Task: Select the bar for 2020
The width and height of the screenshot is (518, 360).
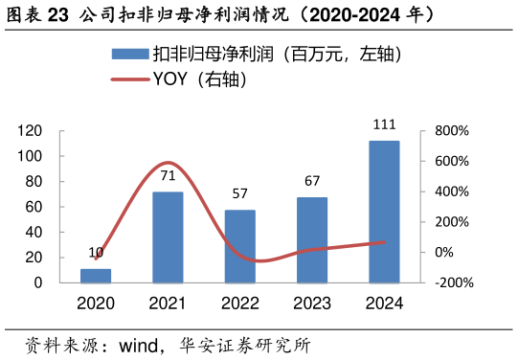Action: (x=96, y=276)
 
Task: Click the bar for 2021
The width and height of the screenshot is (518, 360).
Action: (x=168, y=237)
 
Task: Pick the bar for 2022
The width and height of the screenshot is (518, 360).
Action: (x=240, y=246)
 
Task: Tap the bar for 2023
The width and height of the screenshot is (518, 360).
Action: (x=312, y=240)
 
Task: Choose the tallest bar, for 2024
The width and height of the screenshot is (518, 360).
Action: (x=384, y=212)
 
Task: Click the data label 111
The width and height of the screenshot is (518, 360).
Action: (x=384, y=124)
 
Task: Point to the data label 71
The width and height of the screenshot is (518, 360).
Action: (x=168, y=176)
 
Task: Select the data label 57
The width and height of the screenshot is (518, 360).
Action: (x=240, y=193)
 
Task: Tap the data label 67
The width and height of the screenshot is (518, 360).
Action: (x=312, y=181)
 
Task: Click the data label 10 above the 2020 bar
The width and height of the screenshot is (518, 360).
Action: (x=96, y=253)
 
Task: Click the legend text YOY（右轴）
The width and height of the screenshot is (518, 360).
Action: (x=201, y=80)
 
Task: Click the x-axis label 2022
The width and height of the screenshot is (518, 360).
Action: (x=240, y=304)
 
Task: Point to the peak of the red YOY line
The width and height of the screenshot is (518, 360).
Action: (x=168, y=163)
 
